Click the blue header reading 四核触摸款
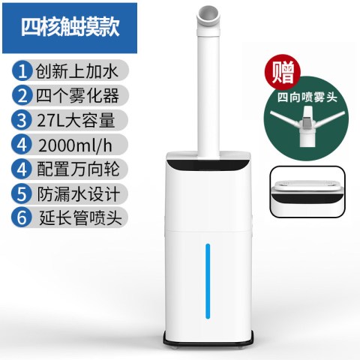click(x=70, y=28)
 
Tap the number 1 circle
click(x=22, y=71)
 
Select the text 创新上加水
click(x=76, y=71)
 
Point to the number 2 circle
click(x=22, y=95)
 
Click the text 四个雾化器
click(x=77, y=95)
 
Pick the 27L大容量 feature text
click(x=76, y=120)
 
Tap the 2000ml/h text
click(x=75, y=145)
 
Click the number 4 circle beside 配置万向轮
click(x=22, y=169)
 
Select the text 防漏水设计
click(x=79, y=193)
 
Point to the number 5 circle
click(x=22, y=193)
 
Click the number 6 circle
click(x=22, y=217)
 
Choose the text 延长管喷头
click(x=80, y=217)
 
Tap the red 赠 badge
click(x=283, y=72)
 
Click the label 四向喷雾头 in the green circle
click(x=307, y=97)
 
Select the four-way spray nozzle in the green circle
click(x=307, y=126)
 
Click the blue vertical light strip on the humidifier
click(x=208, y=281)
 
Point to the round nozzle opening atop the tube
click(x=208, y=16)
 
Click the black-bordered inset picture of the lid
click(x=307, y=192)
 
